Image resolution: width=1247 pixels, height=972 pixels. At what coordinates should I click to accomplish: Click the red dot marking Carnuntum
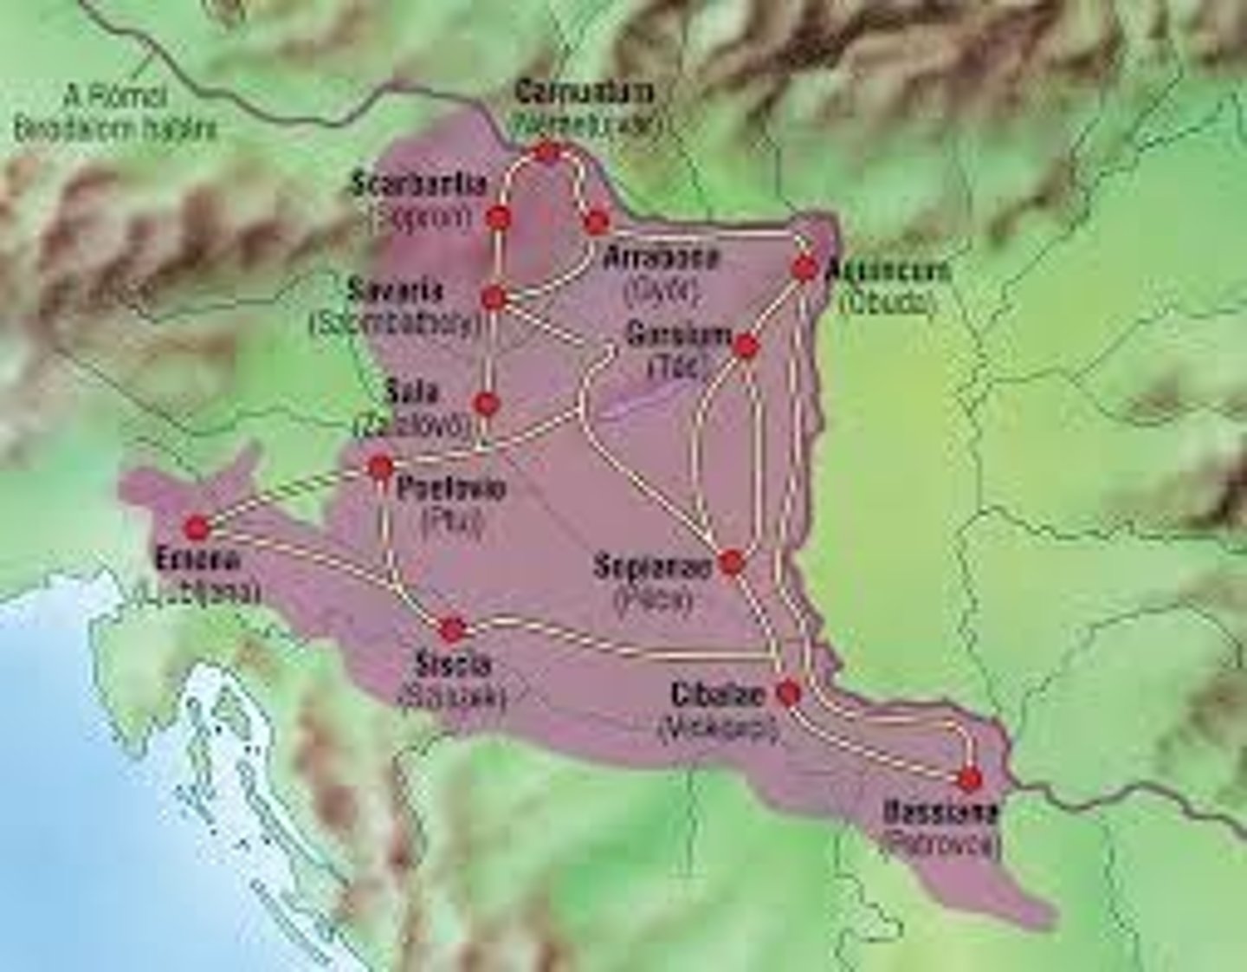coord(547,152)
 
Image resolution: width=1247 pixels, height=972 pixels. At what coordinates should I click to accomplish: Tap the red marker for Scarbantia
coord(498,216)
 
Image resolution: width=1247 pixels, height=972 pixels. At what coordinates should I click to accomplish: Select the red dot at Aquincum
coord(805,269)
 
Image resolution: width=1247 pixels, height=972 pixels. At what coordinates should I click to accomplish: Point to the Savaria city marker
coord(494,298)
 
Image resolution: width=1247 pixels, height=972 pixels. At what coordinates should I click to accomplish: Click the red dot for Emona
coord(197,527)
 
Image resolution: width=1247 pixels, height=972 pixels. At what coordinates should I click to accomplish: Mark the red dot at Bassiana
coord(971,780)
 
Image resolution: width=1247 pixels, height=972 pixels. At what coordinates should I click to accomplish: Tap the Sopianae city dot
coord(732,562)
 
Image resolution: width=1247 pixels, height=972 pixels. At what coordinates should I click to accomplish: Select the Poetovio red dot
coord(380,467)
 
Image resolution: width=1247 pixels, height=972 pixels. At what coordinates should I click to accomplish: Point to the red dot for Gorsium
coord(746,347)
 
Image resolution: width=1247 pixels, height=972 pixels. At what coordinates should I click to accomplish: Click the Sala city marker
coord(487,404)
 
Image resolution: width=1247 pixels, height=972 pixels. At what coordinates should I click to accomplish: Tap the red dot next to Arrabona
coord(597,223)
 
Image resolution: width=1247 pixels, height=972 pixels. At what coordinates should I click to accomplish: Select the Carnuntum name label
coord(585,92)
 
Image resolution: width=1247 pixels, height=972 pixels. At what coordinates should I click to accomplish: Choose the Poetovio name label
coord(450,489)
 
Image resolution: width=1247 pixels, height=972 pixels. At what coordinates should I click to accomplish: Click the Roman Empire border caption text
coord(114,113)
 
